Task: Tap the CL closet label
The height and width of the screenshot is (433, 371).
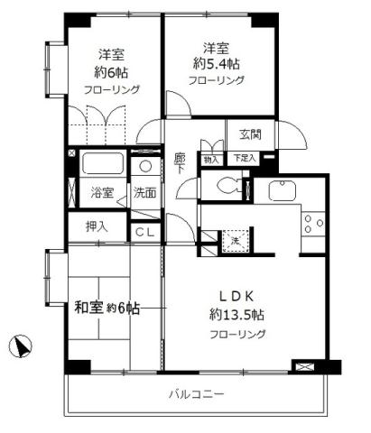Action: [144, 232]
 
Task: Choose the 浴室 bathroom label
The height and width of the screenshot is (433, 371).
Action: [101, 192]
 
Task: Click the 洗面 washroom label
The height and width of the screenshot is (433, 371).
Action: [144, 192]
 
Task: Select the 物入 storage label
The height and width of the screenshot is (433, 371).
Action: [210, 159]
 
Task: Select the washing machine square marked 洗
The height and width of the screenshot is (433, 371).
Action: [233, 241]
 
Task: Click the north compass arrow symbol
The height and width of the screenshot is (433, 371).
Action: [22, 345]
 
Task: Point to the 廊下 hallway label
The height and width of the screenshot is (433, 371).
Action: [180, 163]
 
